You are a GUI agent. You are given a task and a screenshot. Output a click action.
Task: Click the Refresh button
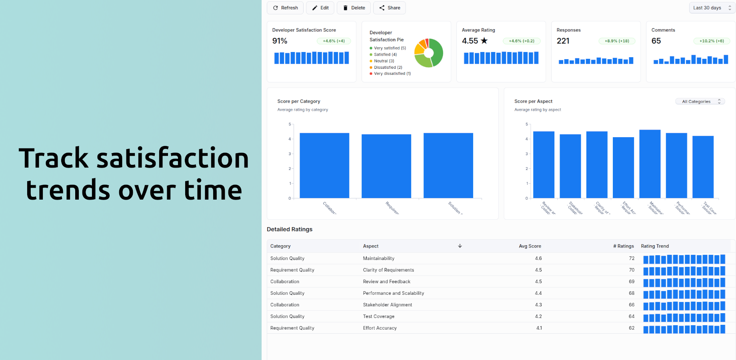point(285,8)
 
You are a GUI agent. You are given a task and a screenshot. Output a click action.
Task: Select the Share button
point(389,8)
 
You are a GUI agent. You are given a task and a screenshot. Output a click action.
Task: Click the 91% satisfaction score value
point(280,41)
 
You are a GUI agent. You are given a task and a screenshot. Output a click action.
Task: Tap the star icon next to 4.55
point(484,41)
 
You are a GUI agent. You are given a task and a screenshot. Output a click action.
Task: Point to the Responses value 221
point(563,41)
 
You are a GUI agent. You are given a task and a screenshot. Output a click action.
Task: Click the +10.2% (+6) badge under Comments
point(711,41)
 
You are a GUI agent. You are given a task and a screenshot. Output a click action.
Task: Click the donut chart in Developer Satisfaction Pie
point(429,53)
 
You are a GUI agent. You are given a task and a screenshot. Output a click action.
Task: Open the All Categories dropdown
point(700,102)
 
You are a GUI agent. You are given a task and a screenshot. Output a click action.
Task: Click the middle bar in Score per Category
point(386,166)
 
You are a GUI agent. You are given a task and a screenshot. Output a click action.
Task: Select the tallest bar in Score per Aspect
point(650,164)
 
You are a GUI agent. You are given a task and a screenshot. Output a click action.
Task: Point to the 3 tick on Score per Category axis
point(290,154)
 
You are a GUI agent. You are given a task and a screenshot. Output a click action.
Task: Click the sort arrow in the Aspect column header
point(460,246)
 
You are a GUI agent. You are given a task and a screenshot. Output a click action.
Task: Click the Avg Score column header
point(530,246)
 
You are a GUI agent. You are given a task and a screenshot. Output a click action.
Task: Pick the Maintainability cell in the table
point(378,258)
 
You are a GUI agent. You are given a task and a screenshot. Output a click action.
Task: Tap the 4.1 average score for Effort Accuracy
point(539,328)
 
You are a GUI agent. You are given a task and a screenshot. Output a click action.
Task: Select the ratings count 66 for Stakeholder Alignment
point(631,305)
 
